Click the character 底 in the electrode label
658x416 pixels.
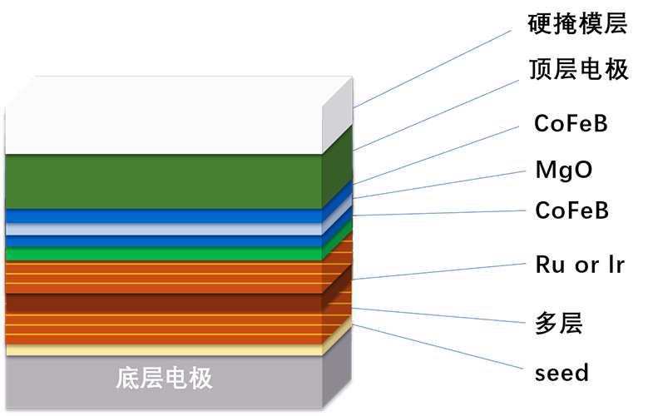point(127,379)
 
